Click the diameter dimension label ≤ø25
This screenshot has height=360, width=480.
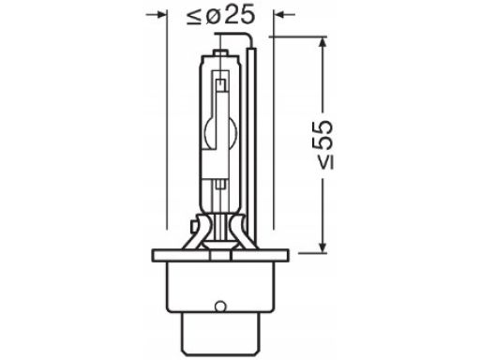pos(220,16)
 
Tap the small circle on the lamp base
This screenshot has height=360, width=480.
pos(220,306)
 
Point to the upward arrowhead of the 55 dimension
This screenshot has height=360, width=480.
pos(323,44)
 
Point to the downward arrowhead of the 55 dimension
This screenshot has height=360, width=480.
pos(323,246)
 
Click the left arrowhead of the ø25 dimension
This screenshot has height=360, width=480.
pos(160,14)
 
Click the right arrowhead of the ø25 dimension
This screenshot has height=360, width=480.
pos(280,14)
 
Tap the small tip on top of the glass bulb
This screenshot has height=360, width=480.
pos(220,52)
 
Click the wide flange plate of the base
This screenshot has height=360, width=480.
pos(220,255)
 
